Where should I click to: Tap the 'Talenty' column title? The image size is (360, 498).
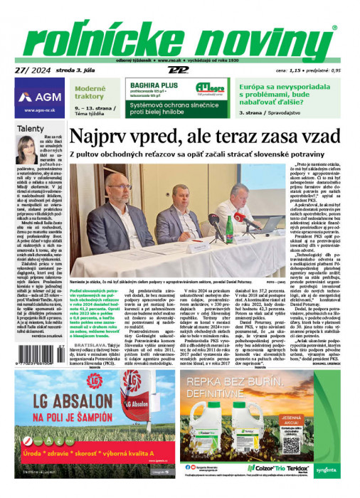point(30,129)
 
